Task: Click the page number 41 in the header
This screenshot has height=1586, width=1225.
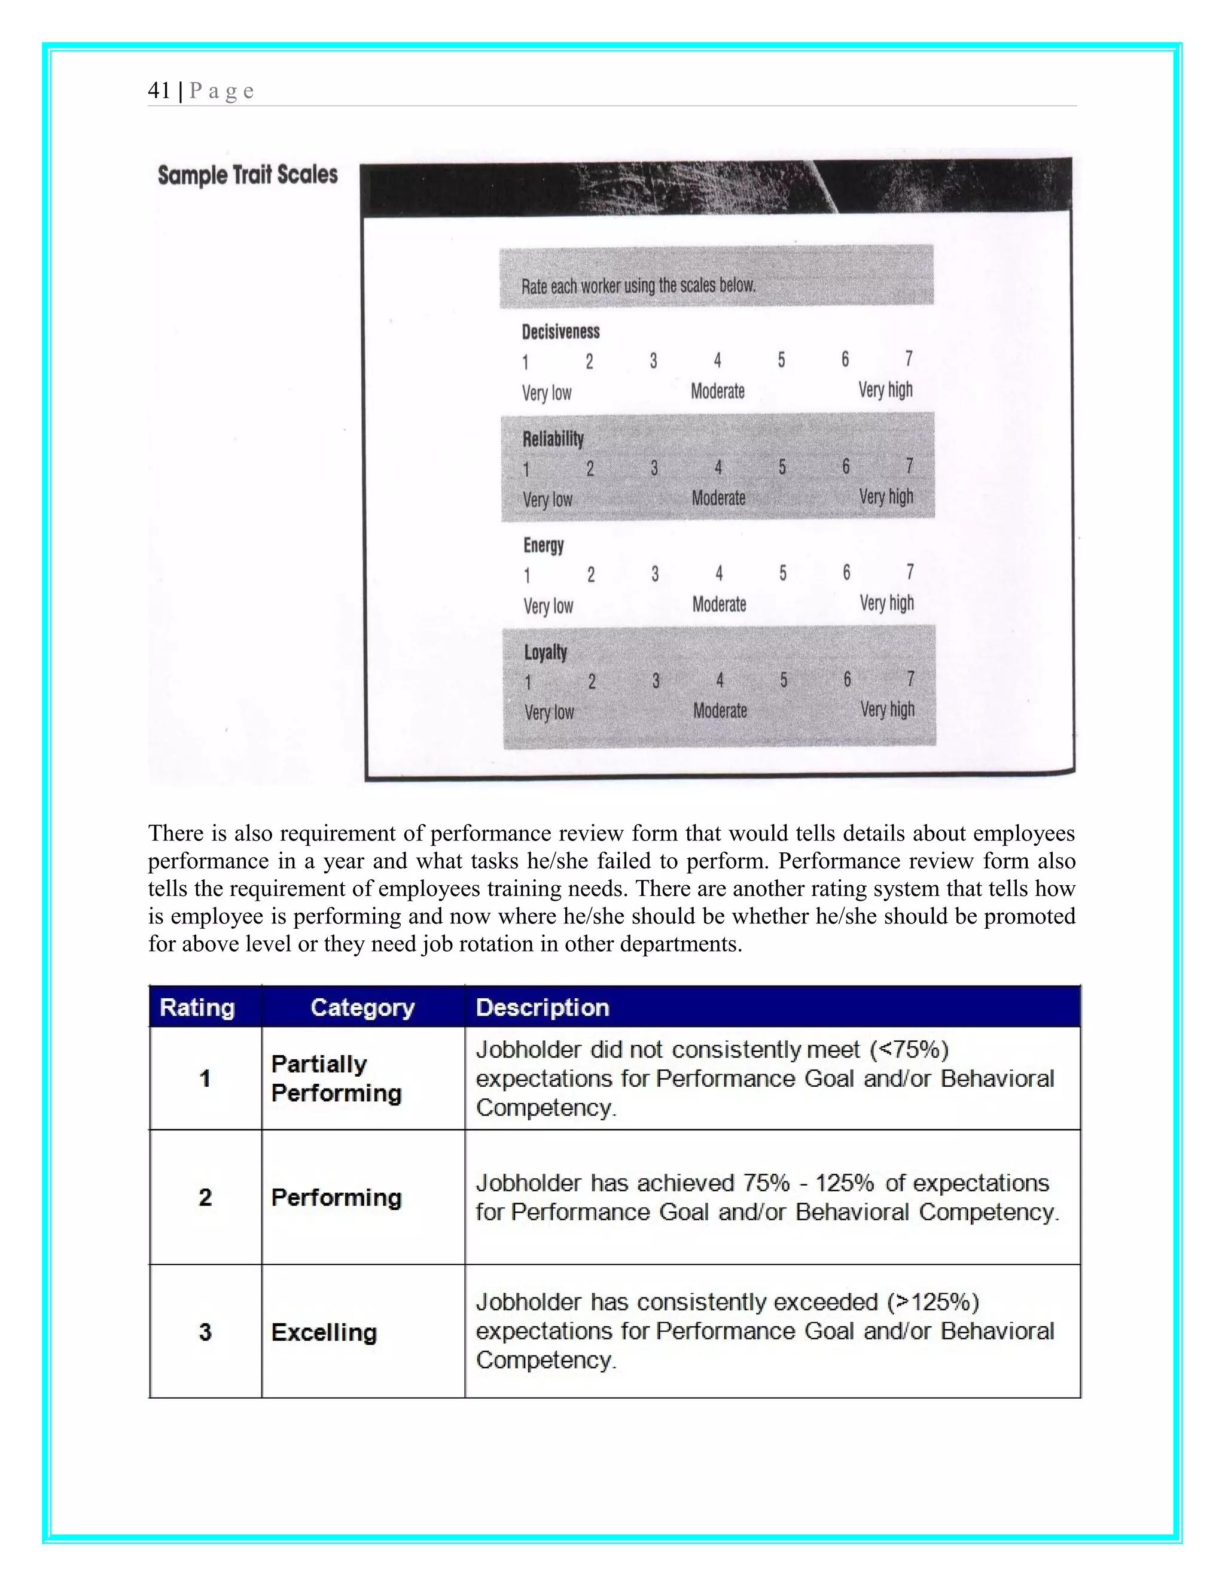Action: [x=159, y=91]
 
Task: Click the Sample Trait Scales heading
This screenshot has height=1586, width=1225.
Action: [x=248, y=175]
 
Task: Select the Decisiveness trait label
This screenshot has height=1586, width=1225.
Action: [x=561, y=332]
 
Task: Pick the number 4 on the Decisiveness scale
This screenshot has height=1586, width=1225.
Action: [x=717, y=360]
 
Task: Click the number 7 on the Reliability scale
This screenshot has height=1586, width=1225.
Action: [x=909, y=466]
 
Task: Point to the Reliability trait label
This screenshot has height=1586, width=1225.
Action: [x=553, y=439]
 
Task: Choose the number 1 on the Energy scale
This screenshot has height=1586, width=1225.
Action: [x=527, y=576]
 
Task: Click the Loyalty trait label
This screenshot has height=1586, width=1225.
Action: [x=546, y=652]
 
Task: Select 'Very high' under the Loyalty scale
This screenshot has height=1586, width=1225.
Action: [x=888, y=709]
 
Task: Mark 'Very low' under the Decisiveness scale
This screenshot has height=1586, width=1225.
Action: [x=547, y=393]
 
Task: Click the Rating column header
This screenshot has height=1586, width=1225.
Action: [x=197, y=1007]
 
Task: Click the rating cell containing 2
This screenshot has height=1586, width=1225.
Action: [x=205, y=1197]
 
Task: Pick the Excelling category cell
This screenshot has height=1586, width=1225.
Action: [x=324, y=1332]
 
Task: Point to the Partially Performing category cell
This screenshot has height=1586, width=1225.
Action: [x=336, y=1078]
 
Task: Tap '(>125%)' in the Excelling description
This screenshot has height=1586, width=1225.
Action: [x=933, y=1301]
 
